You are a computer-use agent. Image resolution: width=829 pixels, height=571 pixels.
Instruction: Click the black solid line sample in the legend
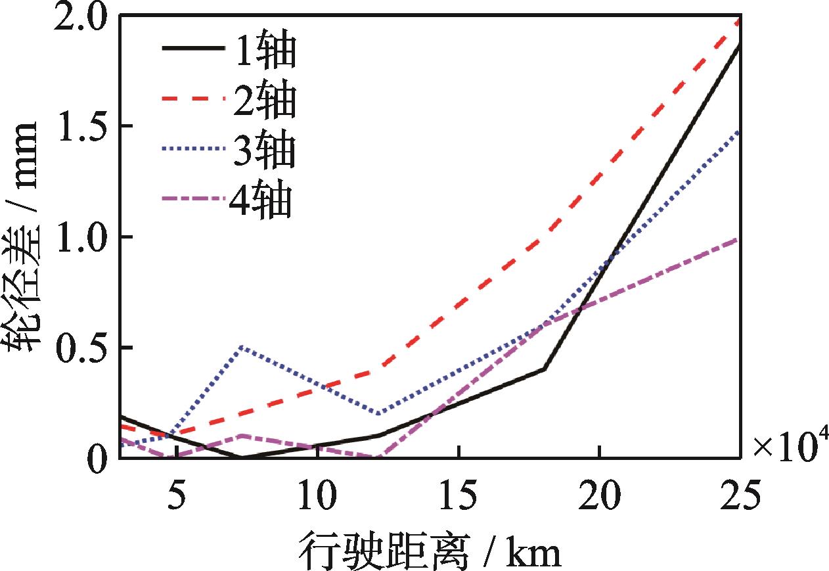tap(191, 48)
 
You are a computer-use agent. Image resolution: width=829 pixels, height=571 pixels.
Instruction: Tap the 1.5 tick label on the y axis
tap(79, 126)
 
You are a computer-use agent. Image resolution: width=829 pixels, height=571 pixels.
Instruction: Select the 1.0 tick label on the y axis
tap(79, 237)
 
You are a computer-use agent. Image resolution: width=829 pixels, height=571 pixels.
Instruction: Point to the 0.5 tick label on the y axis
tap(79, 348)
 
